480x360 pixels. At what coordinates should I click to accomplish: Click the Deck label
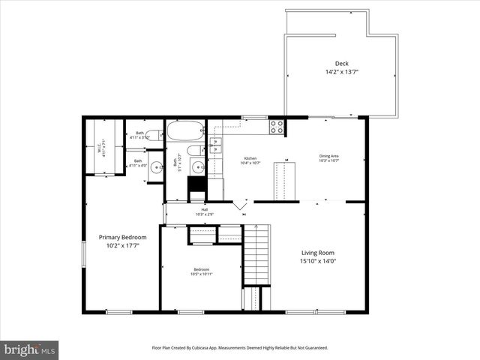[341, 64]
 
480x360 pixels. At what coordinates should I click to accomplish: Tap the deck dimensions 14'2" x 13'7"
[341, 72]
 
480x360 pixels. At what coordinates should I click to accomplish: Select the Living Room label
[317, 253]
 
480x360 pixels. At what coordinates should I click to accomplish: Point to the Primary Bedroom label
[123, 237]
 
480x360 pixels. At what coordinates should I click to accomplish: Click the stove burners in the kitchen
[277, 127]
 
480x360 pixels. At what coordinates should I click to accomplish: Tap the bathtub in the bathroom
[184, 130]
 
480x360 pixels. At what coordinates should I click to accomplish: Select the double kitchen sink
[215, 146]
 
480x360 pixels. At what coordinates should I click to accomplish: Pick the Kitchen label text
[250, 158]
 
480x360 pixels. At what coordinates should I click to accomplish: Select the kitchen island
[283, 180]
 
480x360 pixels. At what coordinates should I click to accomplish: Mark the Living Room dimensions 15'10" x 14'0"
[317, 262]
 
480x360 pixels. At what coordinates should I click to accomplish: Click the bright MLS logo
[30, 349]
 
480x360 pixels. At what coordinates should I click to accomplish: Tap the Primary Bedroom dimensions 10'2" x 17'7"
[123, 245]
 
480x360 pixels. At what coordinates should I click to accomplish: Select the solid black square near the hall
[196, 184]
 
